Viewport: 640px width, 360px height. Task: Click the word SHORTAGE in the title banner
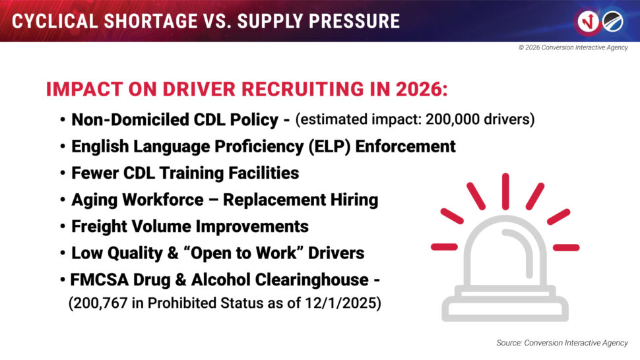tap(146, 20)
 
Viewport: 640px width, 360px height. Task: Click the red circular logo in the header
tap(587, 21)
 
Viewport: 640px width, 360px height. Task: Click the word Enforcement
tap(405, 146)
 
